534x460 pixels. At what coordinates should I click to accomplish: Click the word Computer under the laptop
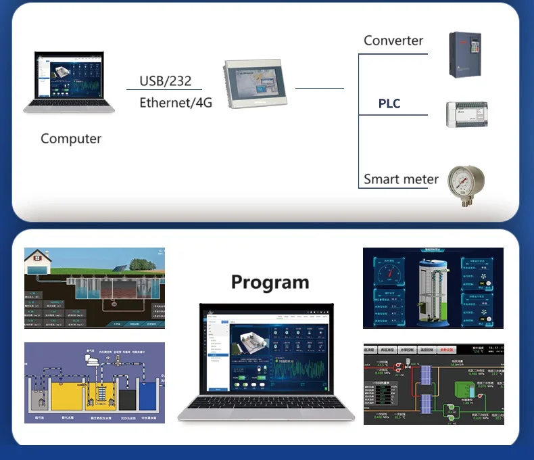tap(71, 139)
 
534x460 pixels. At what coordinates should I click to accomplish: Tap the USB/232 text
tap(165, 81)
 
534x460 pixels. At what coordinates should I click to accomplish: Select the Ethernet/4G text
tap(176, 103)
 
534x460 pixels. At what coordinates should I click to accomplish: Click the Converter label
tap(393, 40)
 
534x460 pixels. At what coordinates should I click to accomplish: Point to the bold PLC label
tap(389, 103)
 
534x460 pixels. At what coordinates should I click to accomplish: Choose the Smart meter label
tap(401, 179)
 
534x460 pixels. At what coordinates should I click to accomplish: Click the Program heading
tap(270, 281)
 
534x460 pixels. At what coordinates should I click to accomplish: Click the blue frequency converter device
tap(464, 55)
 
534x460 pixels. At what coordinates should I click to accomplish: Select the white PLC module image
tap(466, 114)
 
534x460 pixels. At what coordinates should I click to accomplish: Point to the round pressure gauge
tap(466, 181)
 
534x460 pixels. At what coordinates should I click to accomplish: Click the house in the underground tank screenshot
tap(39, 262)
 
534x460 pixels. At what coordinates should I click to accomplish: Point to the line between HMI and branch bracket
tap(319, 88)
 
